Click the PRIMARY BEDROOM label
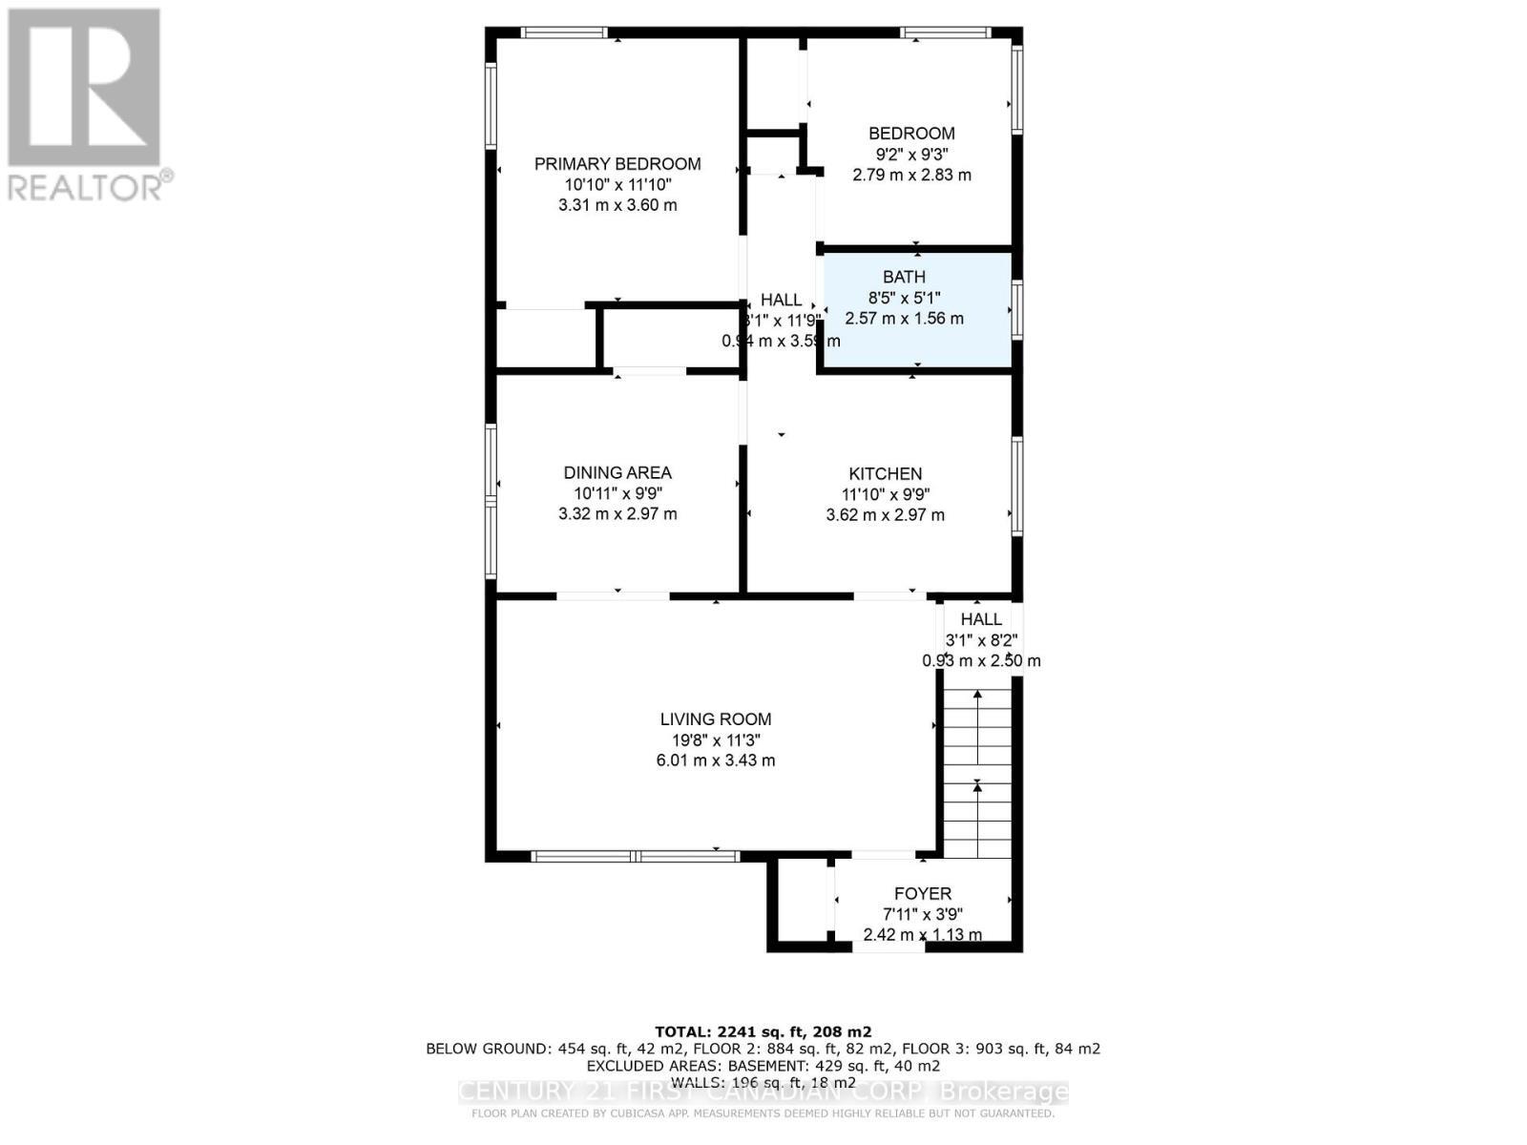tap(617, 164)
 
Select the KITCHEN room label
tap(885, 473)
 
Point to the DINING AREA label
tap(617, 472)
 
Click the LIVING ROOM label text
tap(716, 719)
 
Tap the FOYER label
tap(922, 894)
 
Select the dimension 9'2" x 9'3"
tap(911, 155)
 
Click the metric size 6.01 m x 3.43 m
tap(716, 760)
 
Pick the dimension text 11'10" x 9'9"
tap(885, 494)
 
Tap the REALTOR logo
tap(86, 105)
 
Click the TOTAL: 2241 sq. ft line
tap(763, 1031)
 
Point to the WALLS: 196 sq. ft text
tap(763, 1082)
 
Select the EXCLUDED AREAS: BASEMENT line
tap(763, 1066)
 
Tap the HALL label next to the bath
tap(781, 300)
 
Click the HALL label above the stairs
tap(981, 619)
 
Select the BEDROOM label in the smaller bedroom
tap(911, 134)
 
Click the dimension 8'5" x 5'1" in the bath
tap(904, 298)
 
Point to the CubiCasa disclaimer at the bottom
tap(763, 1114)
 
